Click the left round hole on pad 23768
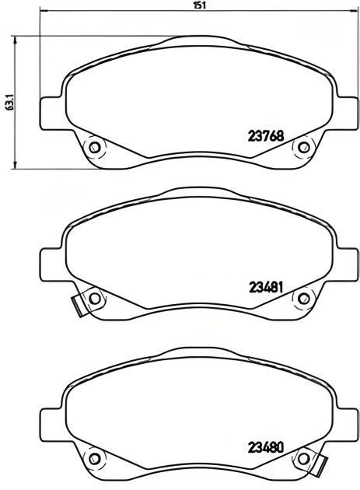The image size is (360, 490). click(95, 146)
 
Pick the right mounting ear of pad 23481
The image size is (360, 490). click(348, 262)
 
